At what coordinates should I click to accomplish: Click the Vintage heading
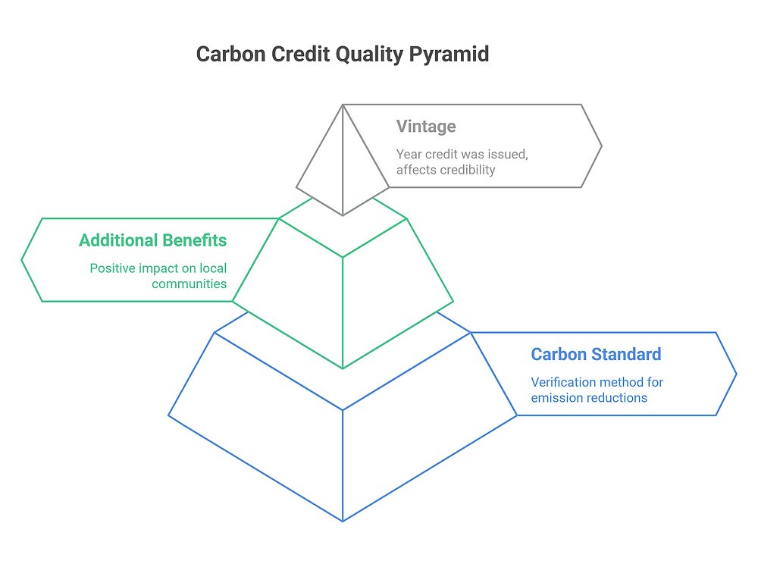pyautogui.click(x=426, y=126)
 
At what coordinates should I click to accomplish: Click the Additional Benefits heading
pyautogui.click(x=152, y=240)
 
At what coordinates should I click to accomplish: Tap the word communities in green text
pyautogui.click(x=189, y=284)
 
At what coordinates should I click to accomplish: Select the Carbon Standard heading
pyautogui.click(x=596, y=354)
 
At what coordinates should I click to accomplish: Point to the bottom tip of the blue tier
pyautogui.click(x=343, y=521)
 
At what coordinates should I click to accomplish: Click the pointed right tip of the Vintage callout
pyautogui.click(x=601, y=146)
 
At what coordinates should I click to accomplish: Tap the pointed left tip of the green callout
pyautogui.click(x=22, y=260)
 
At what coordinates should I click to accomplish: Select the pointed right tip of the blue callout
pyautogui.click(x=736, y=374)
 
